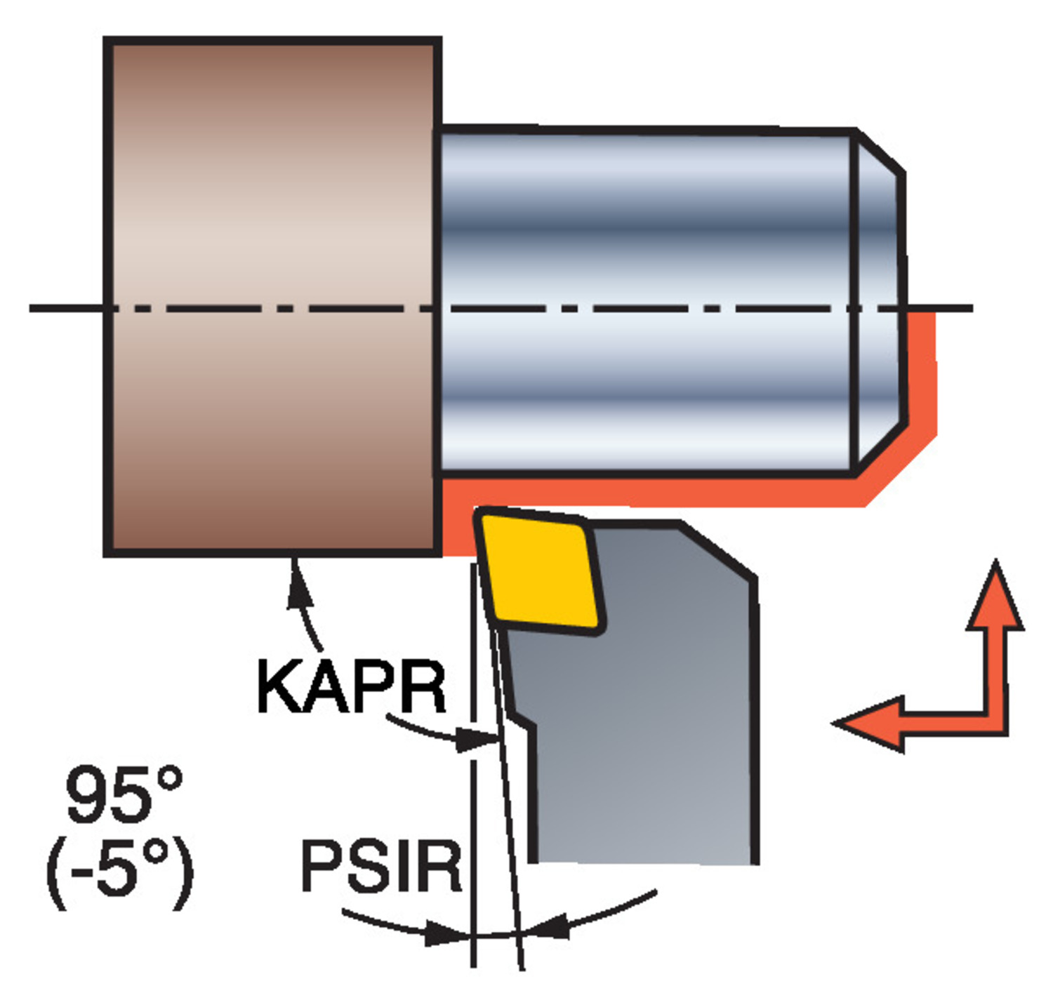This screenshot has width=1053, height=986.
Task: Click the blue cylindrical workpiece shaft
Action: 646,302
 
